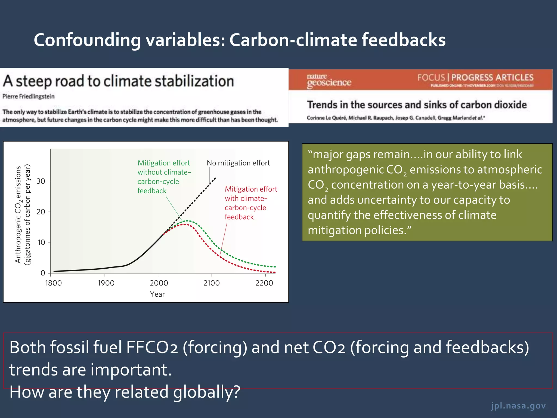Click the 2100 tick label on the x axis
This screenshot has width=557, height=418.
[211, 283]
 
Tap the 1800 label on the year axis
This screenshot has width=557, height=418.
[53, 283]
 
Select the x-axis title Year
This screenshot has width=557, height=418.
[157, 294]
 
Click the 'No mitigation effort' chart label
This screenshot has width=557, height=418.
[238, 163]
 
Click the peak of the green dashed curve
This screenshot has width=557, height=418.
[187, 221]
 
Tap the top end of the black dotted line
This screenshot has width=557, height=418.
[215, 178]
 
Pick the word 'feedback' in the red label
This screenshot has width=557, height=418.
[239, 217]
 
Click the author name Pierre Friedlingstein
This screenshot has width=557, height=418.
[29, 96]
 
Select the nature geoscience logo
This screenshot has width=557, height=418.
[329, 81]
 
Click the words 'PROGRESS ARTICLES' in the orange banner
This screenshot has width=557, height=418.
[492, 78]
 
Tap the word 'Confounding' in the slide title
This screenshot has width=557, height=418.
[87, 40]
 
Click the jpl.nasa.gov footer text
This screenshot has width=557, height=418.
[518, 405]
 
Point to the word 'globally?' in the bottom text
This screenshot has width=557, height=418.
[207, 392]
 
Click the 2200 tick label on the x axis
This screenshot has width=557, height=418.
[264, 283]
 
